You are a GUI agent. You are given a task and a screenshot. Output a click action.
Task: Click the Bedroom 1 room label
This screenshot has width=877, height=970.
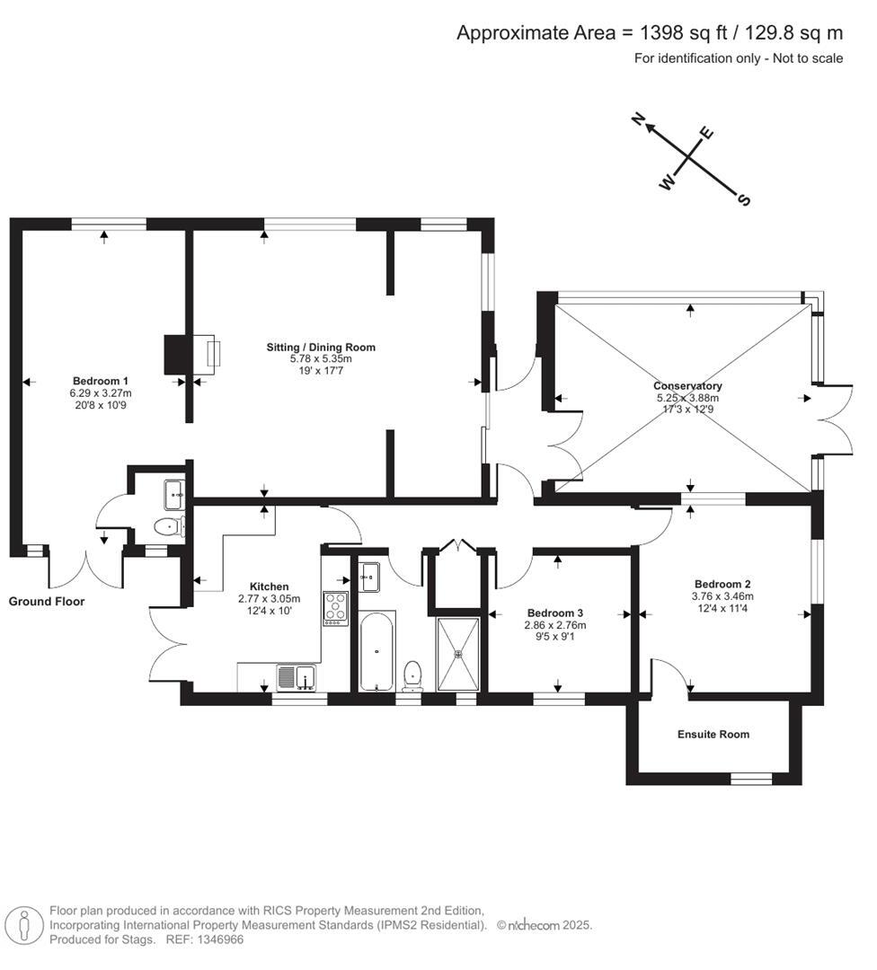(x=100, y=380)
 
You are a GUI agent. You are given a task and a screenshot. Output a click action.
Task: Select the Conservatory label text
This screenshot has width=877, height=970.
(x=687, y=386)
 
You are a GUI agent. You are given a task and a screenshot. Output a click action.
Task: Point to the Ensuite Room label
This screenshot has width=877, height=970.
(x=713, y=734)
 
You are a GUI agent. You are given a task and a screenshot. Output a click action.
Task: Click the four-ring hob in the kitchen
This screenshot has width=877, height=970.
(x=335, y=608)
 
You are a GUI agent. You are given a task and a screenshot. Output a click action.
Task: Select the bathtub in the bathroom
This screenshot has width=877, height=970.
(x=376, y=652)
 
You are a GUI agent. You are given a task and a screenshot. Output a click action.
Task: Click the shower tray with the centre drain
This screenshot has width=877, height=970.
(x=459, y=653)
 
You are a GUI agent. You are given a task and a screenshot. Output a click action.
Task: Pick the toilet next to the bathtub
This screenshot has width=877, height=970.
(x=412, y=674)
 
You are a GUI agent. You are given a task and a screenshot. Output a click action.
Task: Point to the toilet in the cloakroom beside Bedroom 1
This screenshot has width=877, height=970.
(x=166, y=526)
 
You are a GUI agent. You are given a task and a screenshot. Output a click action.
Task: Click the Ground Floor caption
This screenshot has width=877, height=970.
(x=47, y=601)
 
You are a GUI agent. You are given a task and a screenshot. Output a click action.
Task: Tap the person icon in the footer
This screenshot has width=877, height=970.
(x=24, y=925)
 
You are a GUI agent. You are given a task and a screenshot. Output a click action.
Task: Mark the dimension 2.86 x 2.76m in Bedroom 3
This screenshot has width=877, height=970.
(x=555, y=625)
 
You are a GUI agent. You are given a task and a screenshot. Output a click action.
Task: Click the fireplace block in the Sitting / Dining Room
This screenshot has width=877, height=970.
(x=174, y=354)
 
